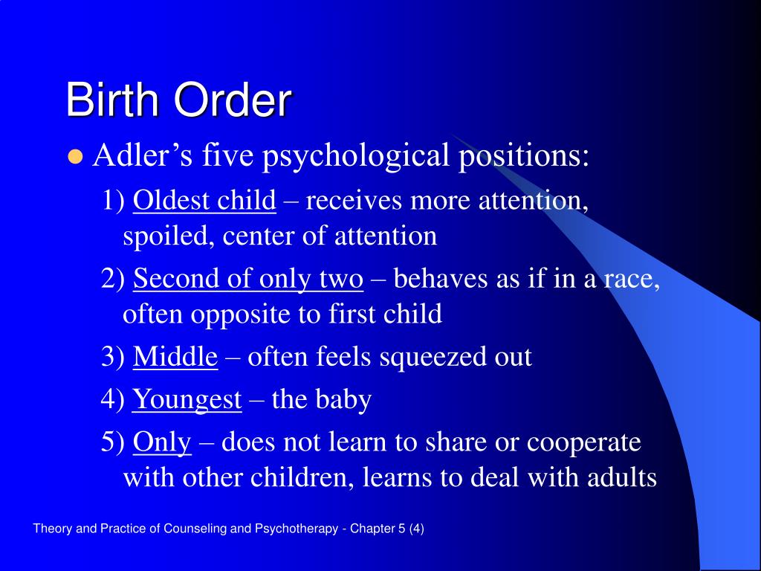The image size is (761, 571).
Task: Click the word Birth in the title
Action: pos(112,100)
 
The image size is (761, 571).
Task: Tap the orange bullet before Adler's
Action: pos(75,157)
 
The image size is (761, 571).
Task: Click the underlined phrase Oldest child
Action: pos(204,200)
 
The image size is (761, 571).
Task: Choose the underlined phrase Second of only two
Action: pos(248,280)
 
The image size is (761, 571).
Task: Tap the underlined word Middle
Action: pos(175,356)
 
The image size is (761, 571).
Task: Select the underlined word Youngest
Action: pos(187,400)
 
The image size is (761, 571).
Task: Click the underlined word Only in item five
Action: pos(162,443)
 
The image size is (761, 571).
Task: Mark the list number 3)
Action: pos(113,357)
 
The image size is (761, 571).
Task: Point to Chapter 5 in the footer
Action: pos(378,529)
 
